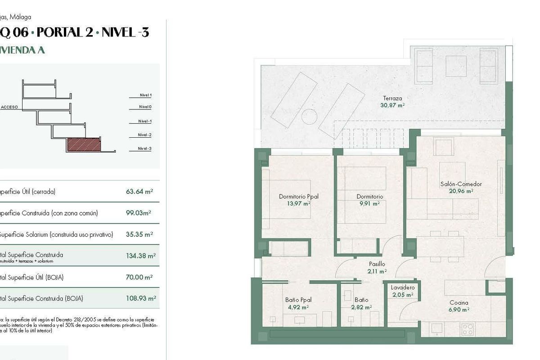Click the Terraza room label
click(x=392, y=98)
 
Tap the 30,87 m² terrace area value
click(x=392, y=105)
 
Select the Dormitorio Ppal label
click(x=298, y=197)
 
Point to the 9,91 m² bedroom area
click(x=369, y=203)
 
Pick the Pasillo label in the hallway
click(x=377, y=264)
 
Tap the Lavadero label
click(x=403, y=288)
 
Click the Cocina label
click(x=459, y=303)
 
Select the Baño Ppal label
click(x=298, y=300)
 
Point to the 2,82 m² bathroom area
click(x=361, y=307)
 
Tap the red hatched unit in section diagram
click(x=83, y=145)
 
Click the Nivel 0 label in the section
click(x=145, y=107)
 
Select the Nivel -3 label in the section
click(x=144, y=148)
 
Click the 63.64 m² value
click(x=139, y=191)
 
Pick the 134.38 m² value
click(x=140, y=256)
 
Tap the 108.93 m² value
click(x=140, y=298)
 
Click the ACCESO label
click(x=9, y=108)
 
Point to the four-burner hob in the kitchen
click(x=467, y=329)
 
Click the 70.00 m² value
click(x=139, y=277)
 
